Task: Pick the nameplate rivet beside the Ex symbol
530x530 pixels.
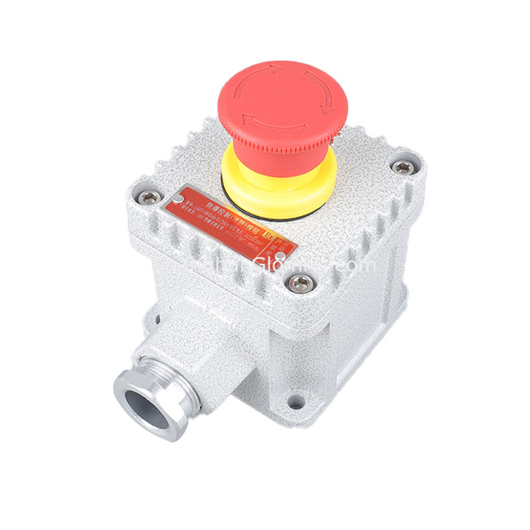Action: (280, 254)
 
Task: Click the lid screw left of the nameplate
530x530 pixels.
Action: (150, 197)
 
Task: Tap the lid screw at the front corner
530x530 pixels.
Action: (299, 284)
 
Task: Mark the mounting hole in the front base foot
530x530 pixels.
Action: (297, 401)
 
